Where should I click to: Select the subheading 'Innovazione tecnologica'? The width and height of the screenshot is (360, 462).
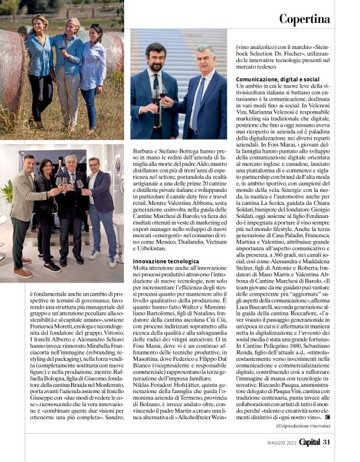tap(166, 261)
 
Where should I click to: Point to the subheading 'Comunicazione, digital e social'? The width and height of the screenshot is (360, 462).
tap(277, 79)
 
